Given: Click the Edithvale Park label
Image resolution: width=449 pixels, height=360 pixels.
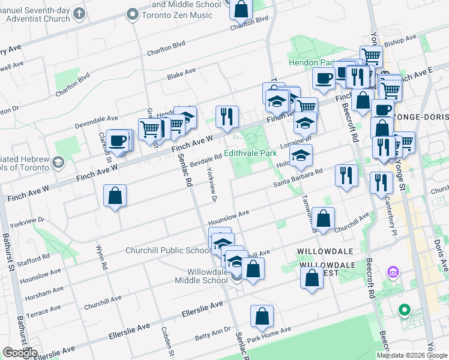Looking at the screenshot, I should (x=251, y=154).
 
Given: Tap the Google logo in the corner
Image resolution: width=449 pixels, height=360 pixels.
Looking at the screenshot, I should (x=20, y=353).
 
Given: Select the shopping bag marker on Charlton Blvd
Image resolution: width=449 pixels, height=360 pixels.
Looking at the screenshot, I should (x=241, y=9).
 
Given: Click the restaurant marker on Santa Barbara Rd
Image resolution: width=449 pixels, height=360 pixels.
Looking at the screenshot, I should (x=346, y=175).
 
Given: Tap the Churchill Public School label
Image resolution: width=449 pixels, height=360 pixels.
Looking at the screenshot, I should (x=168, y=250).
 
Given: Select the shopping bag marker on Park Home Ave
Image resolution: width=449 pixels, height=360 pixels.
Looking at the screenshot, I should (x=262, y=316).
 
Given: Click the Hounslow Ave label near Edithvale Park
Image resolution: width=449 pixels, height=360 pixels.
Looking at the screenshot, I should (x=228, y=214).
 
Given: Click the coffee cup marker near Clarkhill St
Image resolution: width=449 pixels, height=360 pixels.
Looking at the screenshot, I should (x=118, y=140).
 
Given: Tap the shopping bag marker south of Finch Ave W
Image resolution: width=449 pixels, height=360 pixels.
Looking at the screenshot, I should (x=115, y=196).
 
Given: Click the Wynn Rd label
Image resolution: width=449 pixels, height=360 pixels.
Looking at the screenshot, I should (x=100, y=256).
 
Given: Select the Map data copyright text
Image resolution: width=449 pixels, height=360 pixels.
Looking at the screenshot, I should (x=412, y=355).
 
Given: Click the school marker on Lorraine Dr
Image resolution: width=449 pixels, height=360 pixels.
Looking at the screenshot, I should (x=301, y=155).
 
